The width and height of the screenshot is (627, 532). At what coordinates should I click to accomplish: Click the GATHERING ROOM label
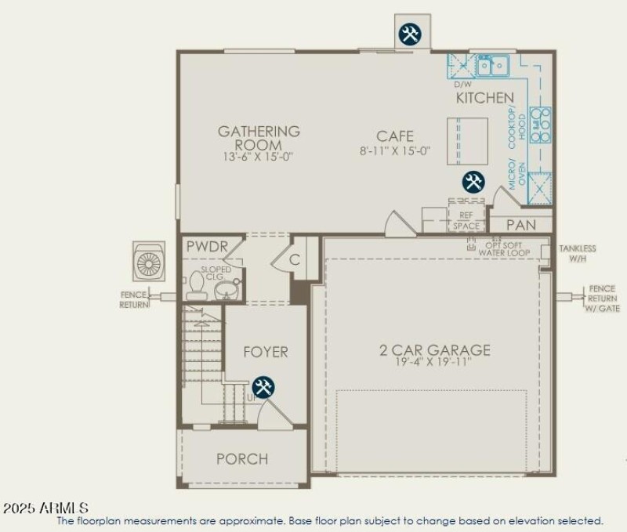click(259, 138)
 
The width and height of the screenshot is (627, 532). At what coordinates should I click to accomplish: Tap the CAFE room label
click(394, 136)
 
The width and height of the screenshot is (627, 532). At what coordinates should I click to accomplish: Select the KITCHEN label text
click(485, 98)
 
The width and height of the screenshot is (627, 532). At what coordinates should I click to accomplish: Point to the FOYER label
click(264, 352)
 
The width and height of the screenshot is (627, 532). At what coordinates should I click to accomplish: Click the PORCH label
click(242, 458)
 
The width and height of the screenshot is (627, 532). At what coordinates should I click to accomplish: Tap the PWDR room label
click(207, 247)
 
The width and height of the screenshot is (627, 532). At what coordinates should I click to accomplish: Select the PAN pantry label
click(520, 225)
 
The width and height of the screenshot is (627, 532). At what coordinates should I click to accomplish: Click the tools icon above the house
click(410, 34)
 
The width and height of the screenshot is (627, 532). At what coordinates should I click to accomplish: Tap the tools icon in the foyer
click(263, 386)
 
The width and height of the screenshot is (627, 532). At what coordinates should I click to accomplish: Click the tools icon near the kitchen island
click(473, 183)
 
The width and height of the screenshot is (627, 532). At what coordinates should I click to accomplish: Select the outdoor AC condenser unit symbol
click(149, 262)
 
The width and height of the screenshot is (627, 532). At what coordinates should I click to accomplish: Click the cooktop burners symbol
click(541, 125)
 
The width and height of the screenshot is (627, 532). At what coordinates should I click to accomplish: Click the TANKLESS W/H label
click(578, 253)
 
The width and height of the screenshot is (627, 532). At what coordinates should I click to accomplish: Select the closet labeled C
click(295, 259)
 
